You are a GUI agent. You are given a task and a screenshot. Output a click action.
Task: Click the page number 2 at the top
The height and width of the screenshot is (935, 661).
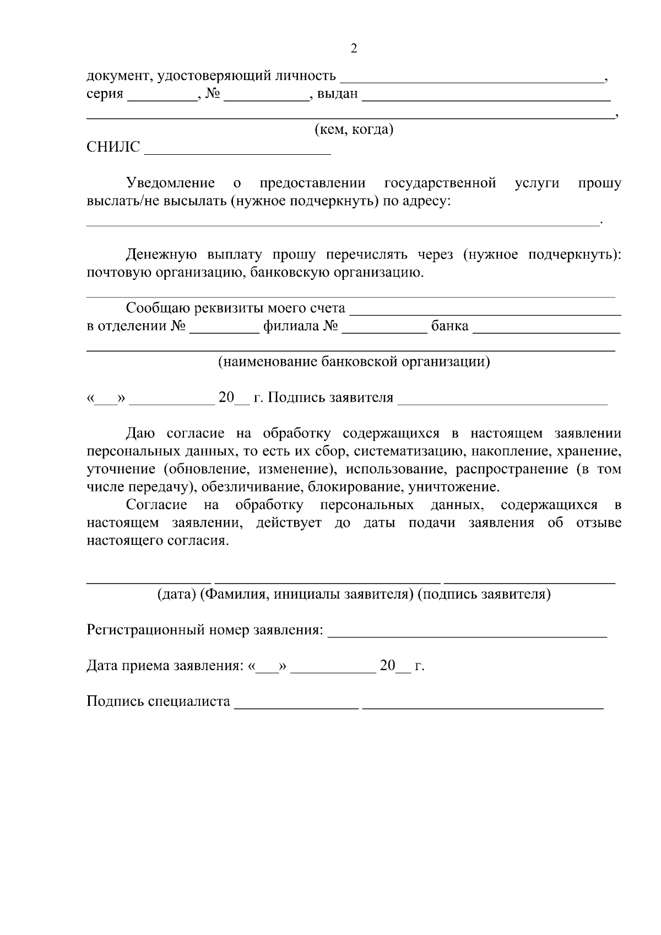coord(354,48)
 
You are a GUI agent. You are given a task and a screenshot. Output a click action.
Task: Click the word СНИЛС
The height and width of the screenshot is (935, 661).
coord(113,148)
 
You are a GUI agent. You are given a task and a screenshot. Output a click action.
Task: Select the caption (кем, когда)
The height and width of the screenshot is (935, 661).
coord(354,130)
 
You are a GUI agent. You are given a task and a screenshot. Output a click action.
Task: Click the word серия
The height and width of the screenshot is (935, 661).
coord(105,94)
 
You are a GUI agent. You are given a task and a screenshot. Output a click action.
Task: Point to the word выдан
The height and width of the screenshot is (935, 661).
coord(338,94)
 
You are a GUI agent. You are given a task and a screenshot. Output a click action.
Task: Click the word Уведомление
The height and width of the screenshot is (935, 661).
coord(170,183)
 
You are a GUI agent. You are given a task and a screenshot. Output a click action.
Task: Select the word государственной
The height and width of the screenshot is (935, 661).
coord(440,183)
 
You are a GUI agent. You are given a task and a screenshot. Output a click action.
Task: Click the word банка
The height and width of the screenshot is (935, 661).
coord(449,326)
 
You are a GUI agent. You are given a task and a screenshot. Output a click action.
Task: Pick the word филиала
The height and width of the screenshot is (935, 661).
coord(291,326)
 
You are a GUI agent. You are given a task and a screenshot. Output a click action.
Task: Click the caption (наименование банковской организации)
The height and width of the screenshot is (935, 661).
coord(354,362)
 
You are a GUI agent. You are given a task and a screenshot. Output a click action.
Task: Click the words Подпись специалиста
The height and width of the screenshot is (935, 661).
coord(158,701)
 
